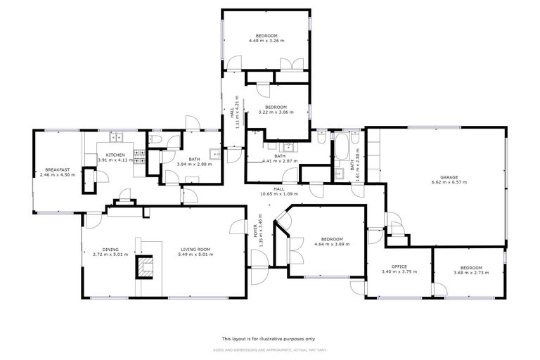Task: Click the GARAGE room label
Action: click(449, 177)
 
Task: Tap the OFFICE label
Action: click(399, 268)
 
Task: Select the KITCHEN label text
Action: click(115, 155)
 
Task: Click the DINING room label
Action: click(110, 249)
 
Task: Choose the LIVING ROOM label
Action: click(196, 249)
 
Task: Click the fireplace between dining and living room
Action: click(146, 268)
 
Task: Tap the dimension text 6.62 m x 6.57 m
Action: click(449, 183)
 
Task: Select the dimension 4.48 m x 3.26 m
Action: click(266, 41)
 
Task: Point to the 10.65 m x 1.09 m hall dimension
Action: click(279, 193)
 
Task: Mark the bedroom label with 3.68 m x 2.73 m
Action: click(471, 268)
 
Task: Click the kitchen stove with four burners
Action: click(139, 159)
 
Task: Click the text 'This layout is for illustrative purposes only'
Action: click(269, 339)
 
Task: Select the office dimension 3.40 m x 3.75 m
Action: click(399, 273)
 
